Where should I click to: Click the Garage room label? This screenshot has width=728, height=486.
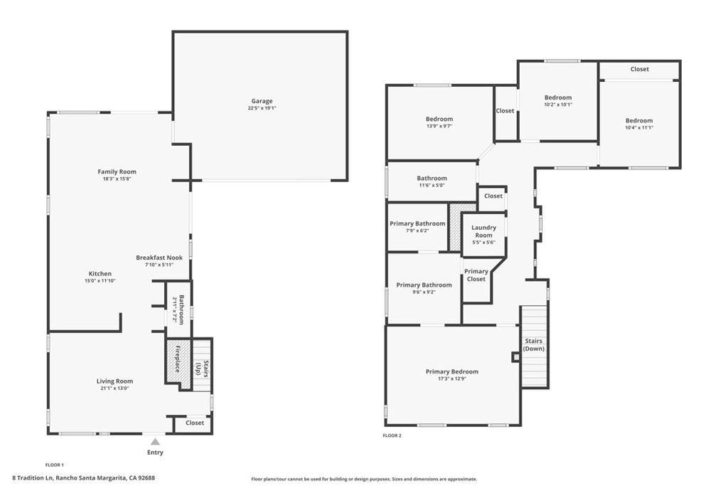[260, 101]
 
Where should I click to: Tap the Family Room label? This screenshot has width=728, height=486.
[117, 171]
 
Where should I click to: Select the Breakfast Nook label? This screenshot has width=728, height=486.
[159, 258]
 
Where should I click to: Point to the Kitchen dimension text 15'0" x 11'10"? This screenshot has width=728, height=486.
[100, 281]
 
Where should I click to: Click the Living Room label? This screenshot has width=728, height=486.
[115, 381]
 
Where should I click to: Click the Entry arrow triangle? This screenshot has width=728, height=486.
[155, 442]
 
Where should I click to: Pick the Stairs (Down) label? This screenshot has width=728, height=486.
[533, 345]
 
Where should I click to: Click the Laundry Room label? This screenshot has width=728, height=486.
[483, 231]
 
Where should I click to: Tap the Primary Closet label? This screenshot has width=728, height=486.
[476, 275]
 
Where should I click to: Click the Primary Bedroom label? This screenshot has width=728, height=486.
[451, 371]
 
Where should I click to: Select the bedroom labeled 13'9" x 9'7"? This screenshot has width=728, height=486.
[439, 120]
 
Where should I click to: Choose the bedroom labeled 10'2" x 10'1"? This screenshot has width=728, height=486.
[558, 97]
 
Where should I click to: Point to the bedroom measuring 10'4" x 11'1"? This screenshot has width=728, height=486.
[639, 121]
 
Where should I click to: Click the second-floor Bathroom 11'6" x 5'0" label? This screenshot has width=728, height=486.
[432, 179]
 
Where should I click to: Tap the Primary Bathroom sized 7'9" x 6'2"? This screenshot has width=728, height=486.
[417, 223]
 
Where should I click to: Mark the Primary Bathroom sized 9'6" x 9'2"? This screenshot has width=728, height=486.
[424, 285]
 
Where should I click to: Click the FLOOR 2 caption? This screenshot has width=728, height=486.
[392, 435]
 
